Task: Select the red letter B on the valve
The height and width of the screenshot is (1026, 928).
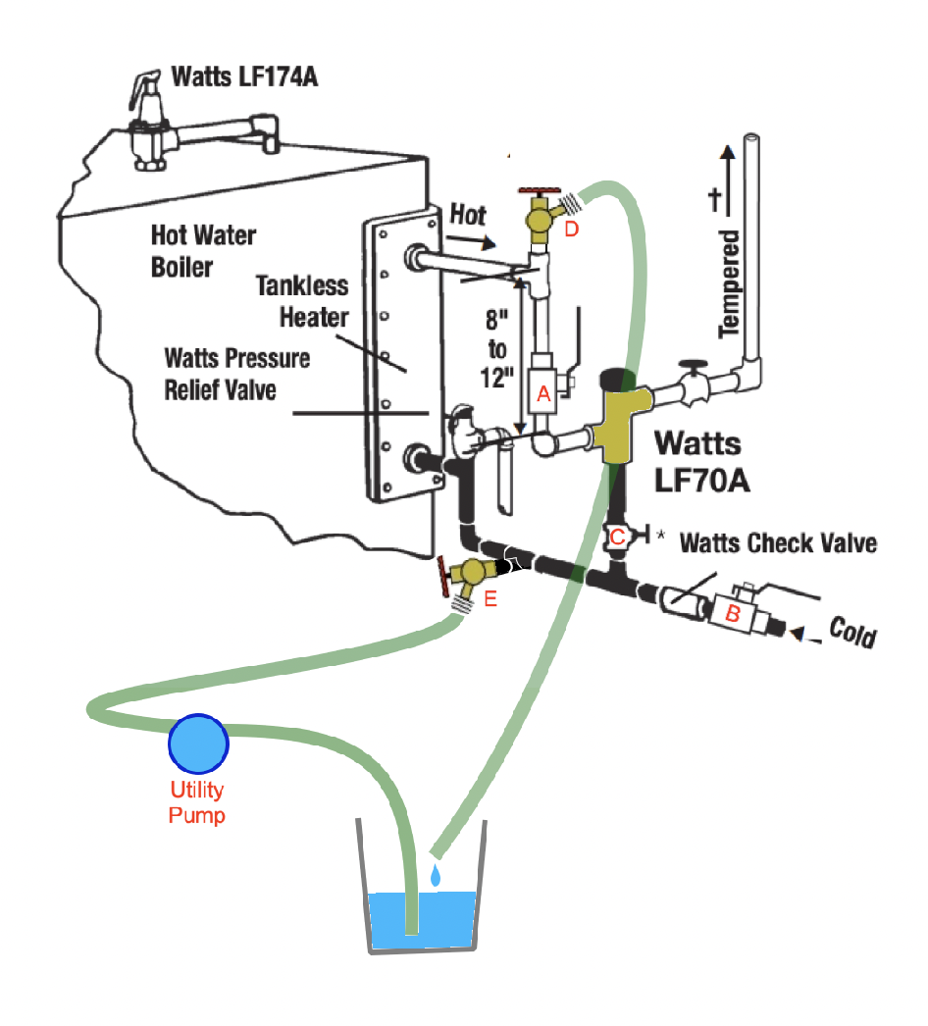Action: [732, 613]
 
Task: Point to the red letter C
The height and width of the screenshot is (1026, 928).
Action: [617, 536]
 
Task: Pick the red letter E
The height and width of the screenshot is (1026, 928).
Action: [490, 599]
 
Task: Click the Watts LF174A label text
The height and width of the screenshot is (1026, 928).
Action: [244, 76]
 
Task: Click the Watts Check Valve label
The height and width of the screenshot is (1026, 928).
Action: [777, 541]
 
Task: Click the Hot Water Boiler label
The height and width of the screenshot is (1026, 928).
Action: [203, 250]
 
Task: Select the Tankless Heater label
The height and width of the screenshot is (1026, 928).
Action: [303, 300]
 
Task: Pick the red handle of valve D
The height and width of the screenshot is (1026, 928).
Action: [537, 186]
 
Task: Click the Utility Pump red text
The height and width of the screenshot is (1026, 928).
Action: [197, 801]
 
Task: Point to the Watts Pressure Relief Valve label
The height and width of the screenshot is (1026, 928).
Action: [236, 374]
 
